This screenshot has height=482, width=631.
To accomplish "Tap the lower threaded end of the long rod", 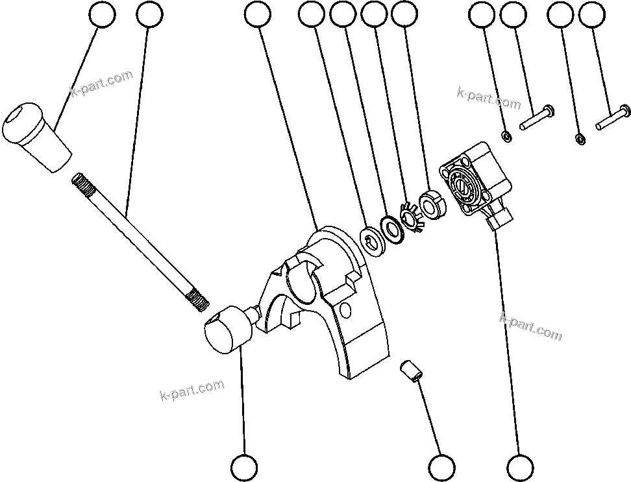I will [x=197, y=300].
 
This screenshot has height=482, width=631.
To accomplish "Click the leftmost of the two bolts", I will [x=536, y=118].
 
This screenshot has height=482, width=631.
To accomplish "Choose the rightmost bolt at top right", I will [x=613, y=117].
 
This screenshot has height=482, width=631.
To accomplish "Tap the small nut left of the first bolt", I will [x=506, y=136].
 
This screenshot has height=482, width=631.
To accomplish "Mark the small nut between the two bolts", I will [x=580, y=138].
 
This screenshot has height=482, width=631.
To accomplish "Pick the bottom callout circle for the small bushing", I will [x=441, y=466].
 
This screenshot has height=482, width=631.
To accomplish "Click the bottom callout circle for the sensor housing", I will [x=520, y=466].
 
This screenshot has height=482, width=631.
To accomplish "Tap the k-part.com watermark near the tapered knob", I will [x=101, y=83].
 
